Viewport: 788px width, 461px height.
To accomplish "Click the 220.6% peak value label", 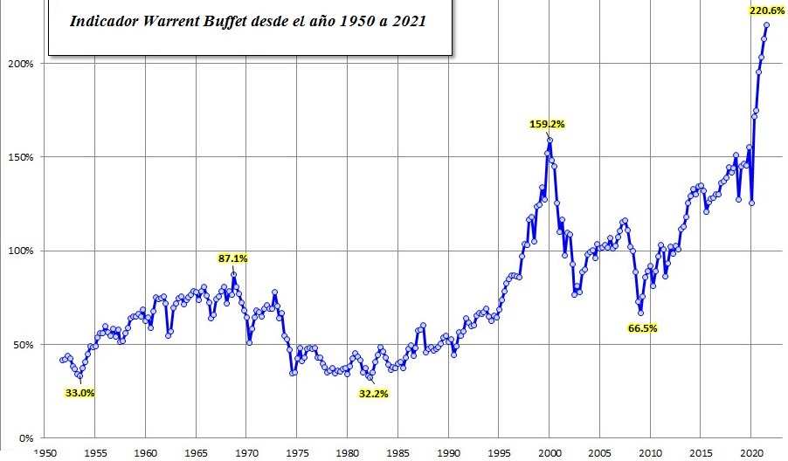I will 766,11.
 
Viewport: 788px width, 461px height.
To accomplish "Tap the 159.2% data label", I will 548,124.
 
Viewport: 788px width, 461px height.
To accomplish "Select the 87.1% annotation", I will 233,258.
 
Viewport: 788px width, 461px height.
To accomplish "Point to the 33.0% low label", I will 79,393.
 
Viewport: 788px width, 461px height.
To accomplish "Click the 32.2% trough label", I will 372,394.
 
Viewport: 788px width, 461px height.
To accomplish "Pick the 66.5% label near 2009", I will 642,328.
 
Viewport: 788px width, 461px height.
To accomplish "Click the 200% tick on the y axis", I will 22,64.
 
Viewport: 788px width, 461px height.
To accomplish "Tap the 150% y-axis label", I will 22,157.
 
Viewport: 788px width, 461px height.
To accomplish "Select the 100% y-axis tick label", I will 22,251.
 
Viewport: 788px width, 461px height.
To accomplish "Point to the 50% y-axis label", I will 24,344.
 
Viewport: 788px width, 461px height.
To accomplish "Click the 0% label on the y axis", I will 26,437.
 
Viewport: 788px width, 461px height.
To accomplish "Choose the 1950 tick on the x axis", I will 45,453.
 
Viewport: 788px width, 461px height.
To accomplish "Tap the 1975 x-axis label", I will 297,453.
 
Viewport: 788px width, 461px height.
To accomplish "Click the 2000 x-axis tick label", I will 550,453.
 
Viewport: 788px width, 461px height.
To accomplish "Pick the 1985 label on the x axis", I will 397,453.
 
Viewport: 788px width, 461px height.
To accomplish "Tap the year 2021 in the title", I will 409,19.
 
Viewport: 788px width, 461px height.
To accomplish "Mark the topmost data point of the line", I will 766,24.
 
